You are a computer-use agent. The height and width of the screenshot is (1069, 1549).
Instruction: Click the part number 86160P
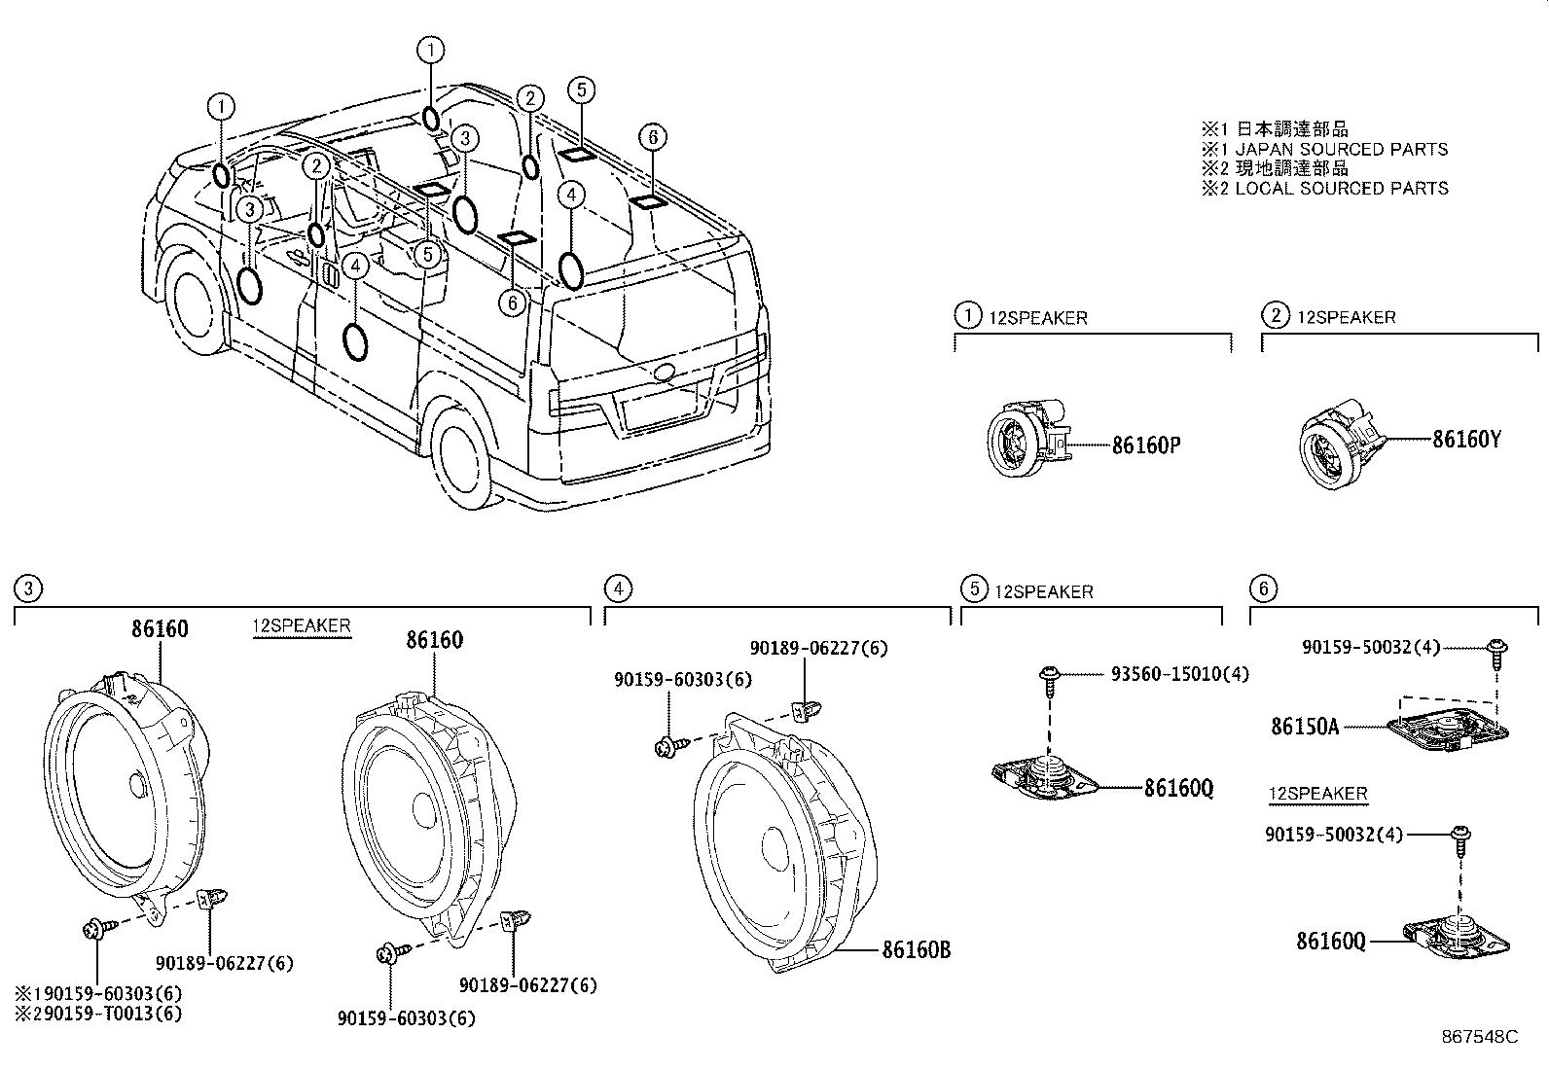click(1146, 445)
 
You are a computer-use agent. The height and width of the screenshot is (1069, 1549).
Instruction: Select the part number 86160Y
click(1466, 440)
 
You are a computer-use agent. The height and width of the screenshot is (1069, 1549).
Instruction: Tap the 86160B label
click(916, 950)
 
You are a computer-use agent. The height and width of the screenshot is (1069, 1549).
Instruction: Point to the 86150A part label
click(1304, 726)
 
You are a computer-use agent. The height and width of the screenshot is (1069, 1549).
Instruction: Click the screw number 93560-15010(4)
click(1179, 673)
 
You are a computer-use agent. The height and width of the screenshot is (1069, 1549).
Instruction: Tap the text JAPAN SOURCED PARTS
click(1341, 149)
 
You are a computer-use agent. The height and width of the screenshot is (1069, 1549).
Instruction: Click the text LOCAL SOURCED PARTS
click(1341, 188)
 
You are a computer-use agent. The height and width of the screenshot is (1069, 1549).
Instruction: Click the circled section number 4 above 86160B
click(616, 588)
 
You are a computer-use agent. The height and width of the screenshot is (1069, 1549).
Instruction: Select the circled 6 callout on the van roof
click(653, 137)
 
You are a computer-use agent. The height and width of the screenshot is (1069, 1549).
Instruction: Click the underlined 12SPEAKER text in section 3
click(301, 625)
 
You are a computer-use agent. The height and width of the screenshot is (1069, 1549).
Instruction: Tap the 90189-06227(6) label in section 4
click(817, 648)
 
